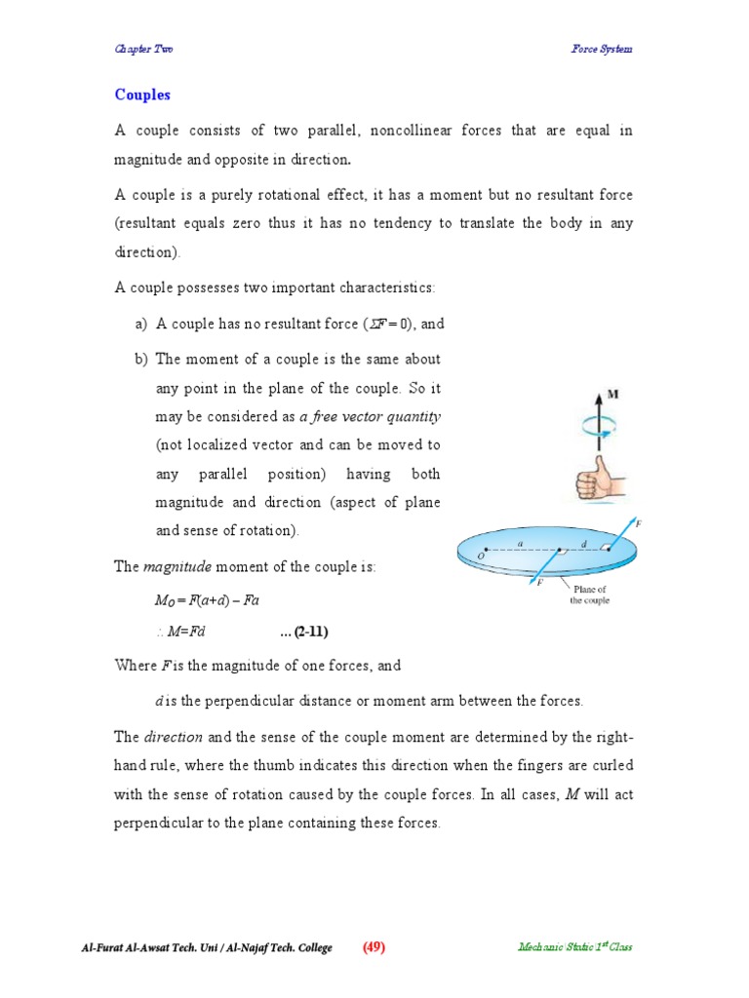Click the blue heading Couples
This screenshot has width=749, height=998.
click(142, 95)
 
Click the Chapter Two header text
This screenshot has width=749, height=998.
click(144, 49)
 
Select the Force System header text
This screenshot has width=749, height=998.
click(602, 49)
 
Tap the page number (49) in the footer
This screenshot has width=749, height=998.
click(374, 947)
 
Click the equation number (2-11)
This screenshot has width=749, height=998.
click(303, 632)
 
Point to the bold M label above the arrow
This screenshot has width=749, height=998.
click(611, 395)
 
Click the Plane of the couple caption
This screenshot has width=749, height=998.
click(590, 595)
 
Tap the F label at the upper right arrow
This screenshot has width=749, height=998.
click(639, 523)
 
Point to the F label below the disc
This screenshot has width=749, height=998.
click(536, 583)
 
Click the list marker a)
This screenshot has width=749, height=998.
click(141, 324)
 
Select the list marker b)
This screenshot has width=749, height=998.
click(141, 360)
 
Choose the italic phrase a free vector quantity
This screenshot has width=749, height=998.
click(370, 416)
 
